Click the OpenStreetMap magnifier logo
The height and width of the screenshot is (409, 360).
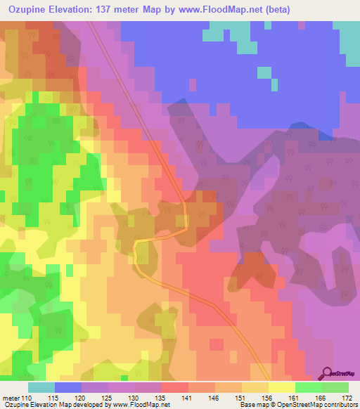[328, 373]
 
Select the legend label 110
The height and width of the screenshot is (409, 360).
[27, 397]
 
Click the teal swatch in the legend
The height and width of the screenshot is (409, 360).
[41, 387]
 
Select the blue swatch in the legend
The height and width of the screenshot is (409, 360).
[68, 387]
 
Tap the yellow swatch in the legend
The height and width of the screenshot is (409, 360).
[282, 387]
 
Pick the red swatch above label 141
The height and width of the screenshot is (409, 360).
[175, 387]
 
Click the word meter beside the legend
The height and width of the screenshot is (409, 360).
[10, 397]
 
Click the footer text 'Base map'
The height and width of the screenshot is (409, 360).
[250, 405]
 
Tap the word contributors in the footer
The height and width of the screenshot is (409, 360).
[337, 405]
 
